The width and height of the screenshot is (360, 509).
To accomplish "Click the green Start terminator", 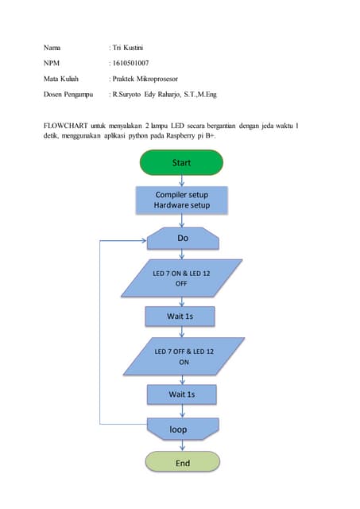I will (181, 162).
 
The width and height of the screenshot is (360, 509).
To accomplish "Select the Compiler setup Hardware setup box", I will (181, 200).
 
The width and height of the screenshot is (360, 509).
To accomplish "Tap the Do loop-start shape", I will (183, 239).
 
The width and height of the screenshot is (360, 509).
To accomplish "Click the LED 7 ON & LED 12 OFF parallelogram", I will (182, 278).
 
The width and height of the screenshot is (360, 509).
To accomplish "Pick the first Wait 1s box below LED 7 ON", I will (180, 316).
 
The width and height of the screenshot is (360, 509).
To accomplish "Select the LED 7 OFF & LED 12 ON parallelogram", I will (182, 356).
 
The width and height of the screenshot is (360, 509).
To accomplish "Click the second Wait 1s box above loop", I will (181, 394).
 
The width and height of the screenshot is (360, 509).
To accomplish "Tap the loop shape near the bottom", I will (179, 429).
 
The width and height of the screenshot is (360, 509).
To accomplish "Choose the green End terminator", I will (182, 462).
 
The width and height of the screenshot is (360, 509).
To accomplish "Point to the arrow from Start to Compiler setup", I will (182, 181).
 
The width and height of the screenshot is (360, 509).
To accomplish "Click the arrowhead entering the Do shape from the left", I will (144, 239).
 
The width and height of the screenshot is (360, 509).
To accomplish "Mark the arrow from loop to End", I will (182, 445).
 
